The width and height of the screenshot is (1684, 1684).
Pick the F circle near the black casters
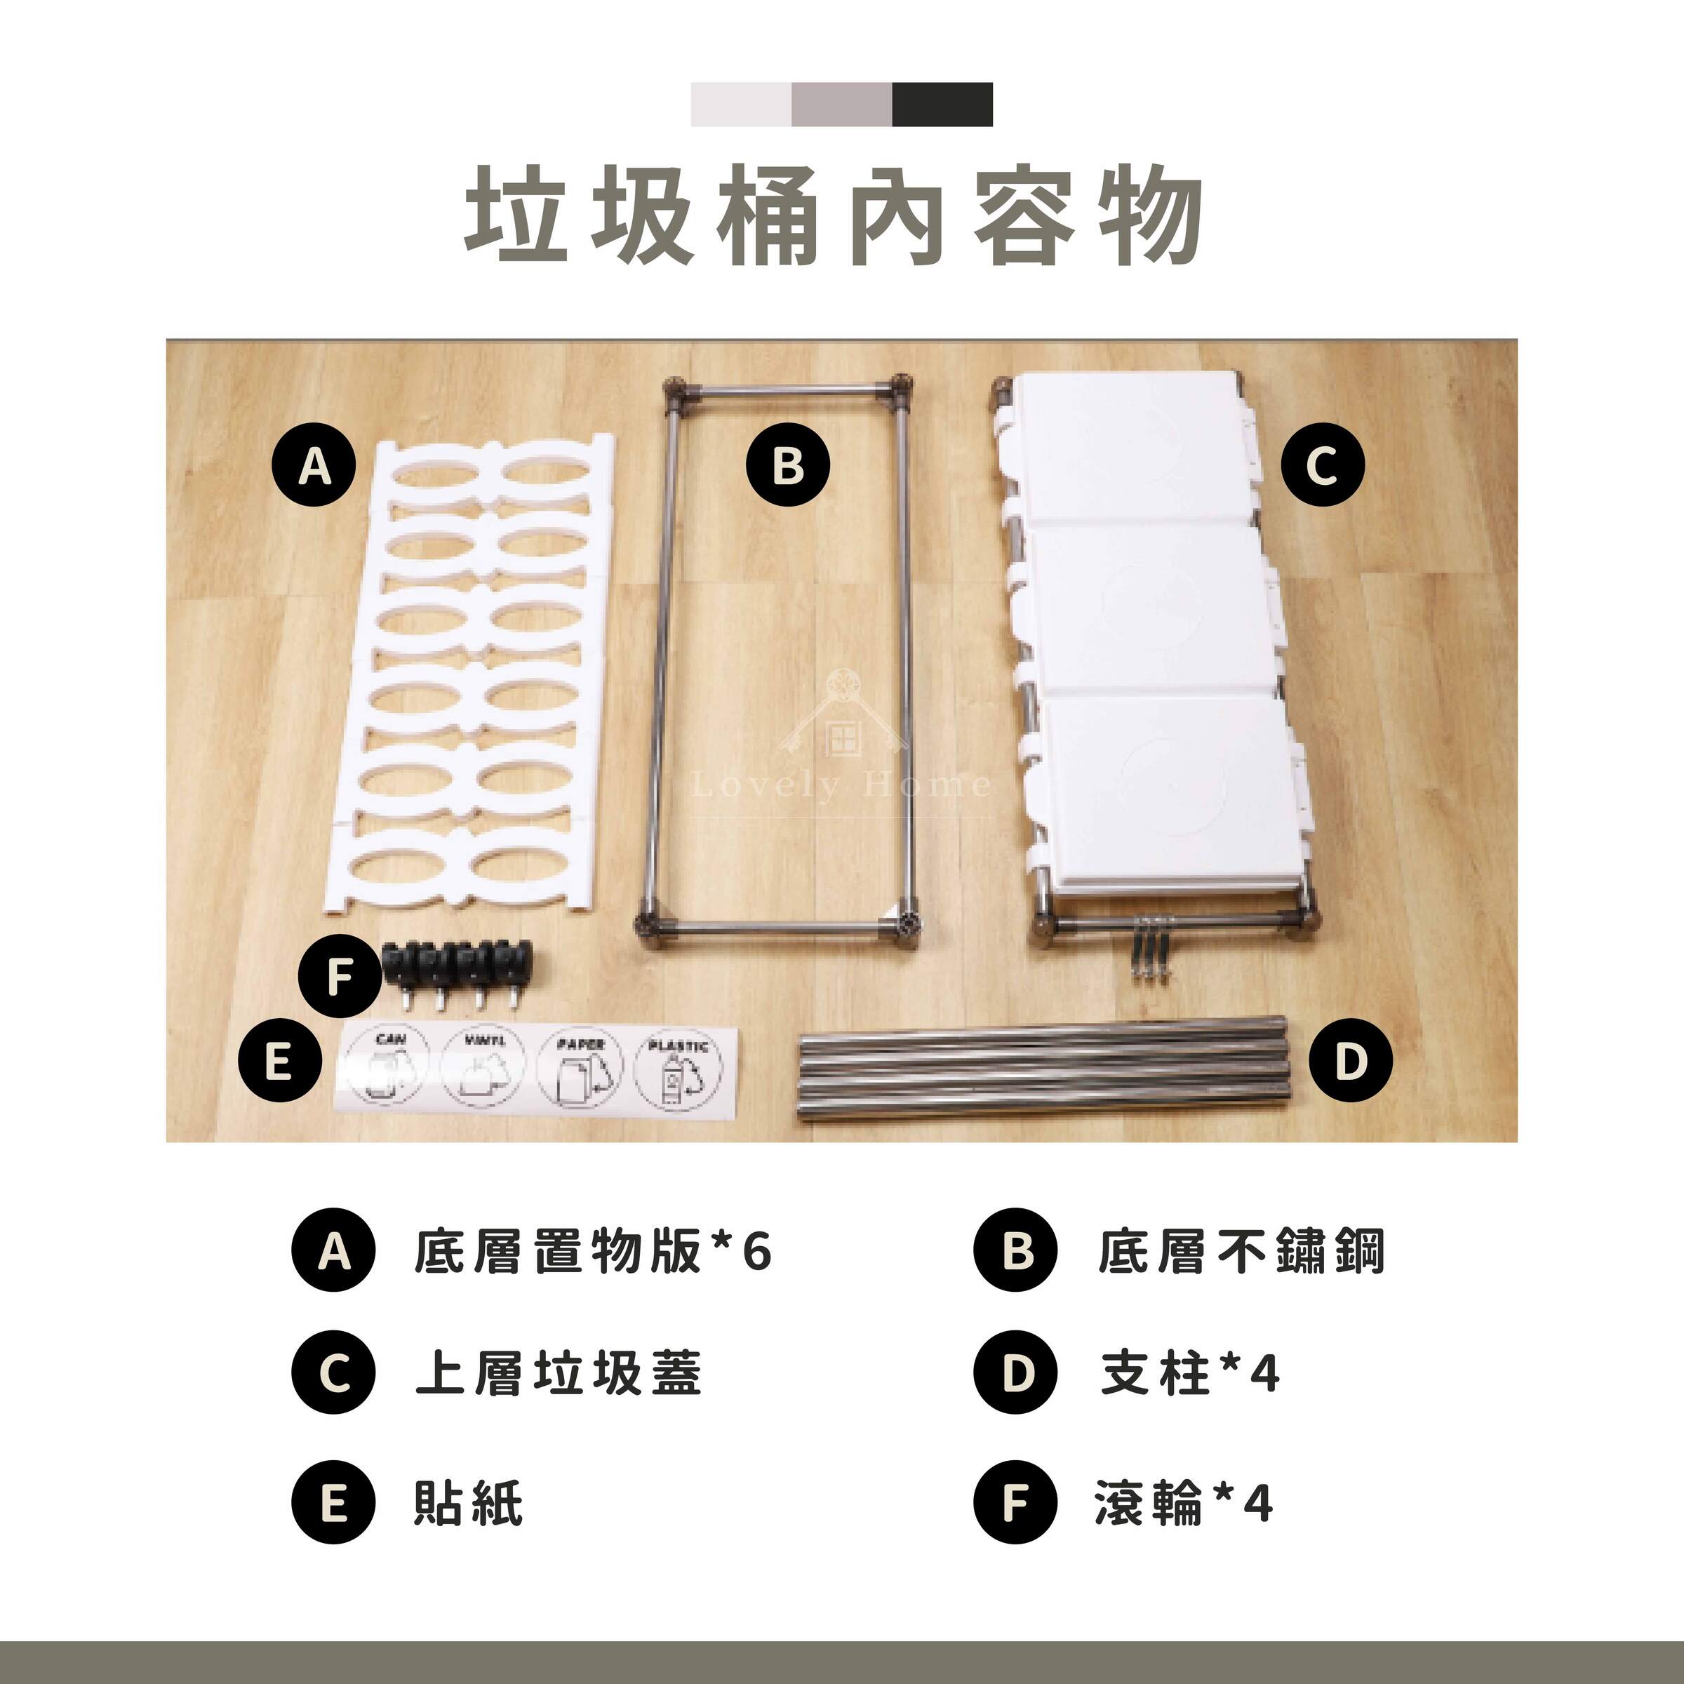339,978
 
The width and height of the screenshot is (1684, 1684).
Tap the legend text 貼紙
468,1504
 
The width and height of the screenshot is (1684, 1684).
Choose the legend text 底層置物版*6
593,1252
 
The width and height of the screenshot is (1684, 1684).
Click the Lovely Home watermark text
841,785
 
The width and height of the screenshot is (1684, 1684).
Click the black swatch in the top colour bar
942,105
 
